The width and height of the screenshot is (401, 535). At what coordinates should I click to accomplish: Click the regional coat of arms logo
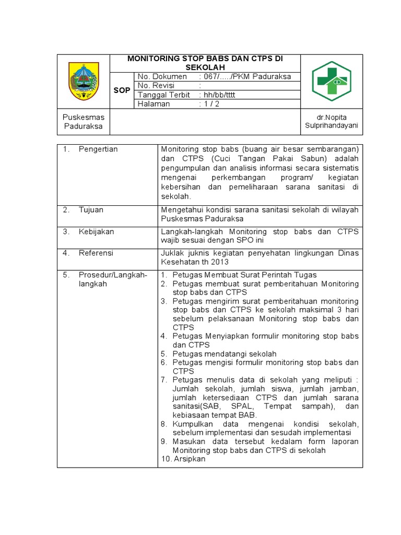(84, 81)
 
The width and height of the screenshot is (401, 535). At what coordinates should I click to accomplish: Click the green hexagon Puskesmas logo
(332, 81)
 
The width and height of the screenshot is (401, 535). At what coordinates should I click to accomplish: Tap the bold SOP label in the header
(122, 90)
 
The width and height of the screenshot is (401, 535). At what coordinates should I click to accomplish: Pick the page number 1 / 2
(209, 104)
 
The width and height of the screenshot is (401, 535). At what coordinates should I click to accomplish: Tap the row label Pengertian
(98, 149)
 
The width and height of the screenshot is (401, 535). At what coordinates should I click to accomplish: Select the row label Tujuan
(91, 210)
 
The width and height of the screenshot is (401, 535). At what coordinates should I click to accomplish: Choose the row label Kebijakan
(96, 231)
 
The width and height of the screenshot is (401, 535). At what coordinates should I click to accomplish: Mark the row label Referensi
(96, 253)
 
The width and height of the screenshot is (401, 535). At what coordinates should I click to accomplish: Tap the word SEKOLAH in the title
(205, 68)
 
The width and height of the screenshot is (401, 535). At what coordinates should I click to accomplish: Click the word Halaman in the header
(154, 104)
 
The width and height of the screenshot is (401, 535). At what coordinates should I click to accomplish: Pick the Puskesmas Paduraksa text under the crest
(84, 122)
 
